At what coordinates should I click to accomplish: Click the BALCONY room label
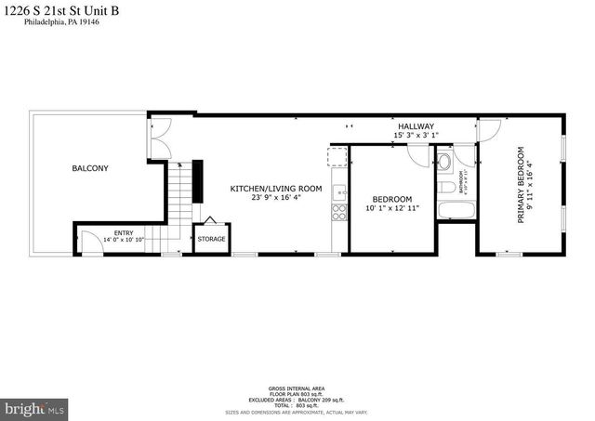pyautogui.click(x=90, y=168)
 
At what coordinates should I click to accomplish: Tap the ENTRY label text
pyautogui.click(x=124, y=233)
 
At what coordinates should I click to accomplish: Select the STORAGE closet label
pyautogui.click(x=211, y=239)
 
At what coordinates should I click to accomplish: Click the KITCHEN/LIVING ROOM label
pyautogui.click(x=276, y=189)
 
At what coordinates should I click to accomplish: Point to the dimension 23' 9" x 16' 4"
pyautogui.click(x=276, y=197)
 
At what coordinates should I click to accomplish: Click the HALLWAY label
pyautogui.click(x=416, y=126)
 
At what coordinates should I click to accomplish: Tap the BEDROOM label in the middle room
pyautogui.click(x=392, y=199)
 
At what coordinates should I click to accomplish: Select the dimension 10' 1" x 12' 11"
pyautogui.click(x=392, y=208)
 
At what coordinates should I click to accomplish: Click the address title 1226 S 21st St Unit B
pyautogui.click(x=59, y=12)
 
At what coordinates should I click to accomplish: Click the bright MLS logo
pyautogui.click(x=35, y=408)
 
